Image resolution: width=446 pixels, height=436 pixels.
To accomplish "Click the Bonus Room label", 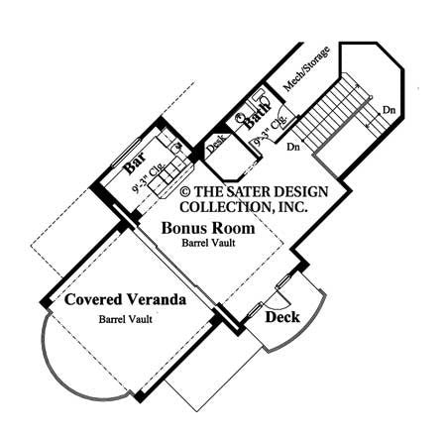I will coord(208,228).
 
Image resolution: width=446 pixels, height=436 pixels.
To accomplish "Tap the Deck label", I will coord(282,317).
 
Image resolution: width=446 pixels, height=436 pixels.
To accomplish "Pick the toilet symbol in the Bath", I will coord(241,117).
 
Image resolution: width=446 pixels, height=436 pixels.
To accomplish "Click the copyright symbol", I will coord(185,190).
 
